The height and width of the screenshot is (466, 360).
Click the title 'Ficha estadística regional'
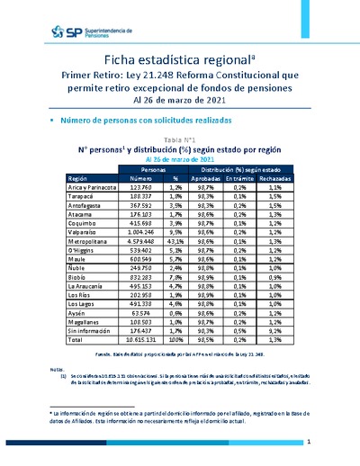click(180, 59)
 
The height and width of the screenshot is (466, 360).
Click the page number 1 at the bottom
click(308, 442)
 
